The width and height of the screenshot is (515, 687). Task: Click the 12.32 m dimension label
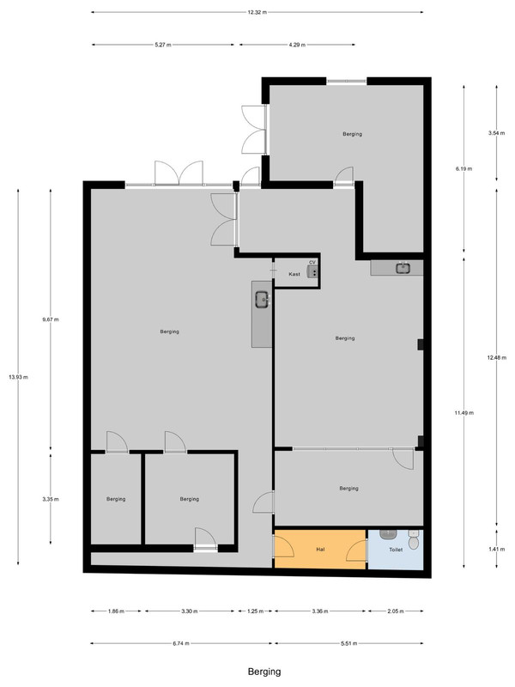pos(257,12)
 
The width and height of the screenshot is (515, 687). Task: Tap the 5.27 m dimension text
pos(163,45)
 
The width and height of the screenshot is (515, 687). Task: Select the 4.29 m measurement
pos(297,45)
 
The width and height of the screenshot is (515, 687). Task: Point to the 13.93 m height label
pos(18,377)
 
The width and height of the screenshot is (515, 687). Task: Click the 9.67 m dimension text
pos(51,319)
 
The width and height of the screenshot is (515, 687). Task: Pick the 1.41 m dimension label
pos(497,549)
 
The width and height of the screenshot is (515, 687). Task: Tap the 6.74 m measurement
pos(181,643)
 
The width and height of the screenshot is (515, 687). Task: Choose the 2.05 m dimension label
pos(396,611)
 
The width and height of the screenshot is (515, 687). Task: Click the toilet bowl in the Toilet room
pos(414,540)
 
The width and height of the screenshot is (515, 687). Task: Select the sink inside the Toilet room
pos(389,534)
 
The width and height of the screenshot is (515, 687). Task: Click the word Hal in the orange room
pos(320,550)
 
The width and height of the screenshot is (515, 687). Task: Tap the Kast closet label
pos(294,274)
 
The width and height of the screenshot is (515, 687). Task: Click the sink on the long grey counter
pos(263,300)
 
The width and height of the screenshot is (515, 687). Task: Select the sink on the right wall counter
pos(403,268)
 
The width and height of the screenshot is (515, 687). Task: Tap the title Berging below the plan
pos(264,672)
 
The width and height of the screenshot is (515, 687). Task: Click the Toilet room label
pos(396,550)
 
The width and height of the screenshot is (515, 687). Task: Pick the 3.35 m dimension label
pos(51,499)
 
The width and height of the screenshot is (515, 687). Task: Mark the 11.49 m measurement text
pos(463,413)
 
